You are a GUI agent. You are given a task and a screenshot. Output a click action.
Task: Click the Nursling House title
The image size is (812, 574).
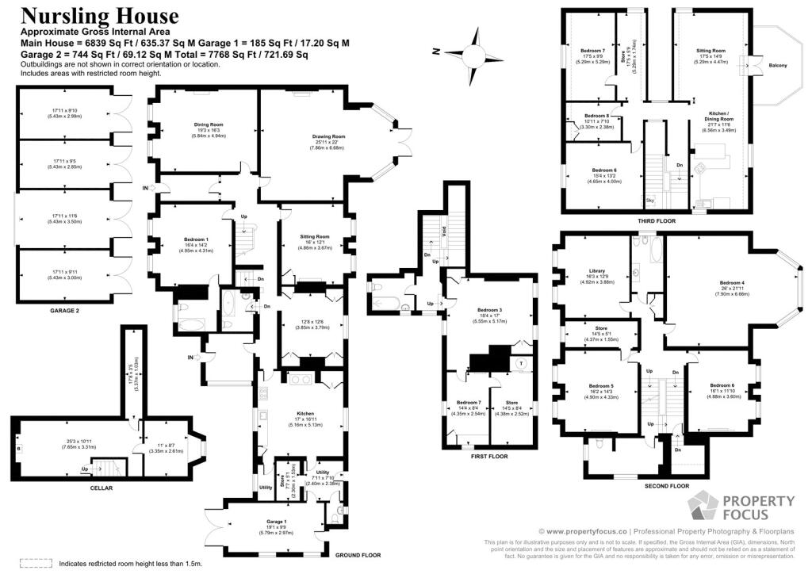(100, 16)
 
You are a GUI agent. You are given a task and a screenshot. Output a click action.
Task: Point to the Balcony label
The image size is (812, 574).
(778, 65)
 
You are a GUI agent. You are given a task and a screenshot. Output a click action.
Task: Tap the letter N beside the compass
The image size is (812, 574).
(436, 51)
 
